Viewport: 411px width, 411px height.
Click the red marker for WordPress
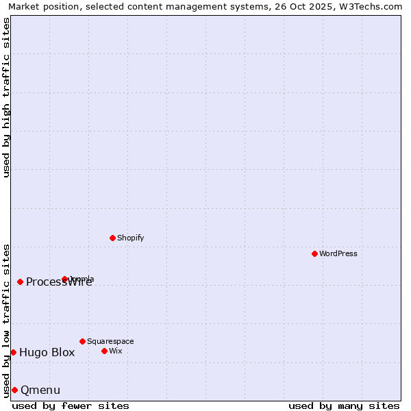tap(314, 253)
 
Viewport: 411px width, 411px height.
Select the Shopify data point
tap(112, 238)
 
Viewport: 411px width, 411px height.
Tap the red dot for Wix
tap(104, 351)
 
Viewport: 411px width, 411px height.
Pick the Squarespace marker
tap(82, 341)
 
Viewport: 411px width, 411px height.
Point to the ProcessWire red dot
tap(20, 282)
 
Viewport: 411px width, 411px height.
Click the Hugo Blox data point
tap(13, 352)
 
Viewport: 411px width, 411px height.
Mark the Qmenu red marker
tap(14, 390)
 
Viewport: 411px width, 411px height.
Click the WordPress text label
tap(338, 253)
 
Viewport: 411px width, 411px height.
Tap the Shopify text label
tap(130, 238)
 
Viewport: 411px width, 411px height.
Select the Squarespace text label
tap(110, 341)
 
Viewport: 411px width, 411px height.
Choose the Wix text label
tap(115, 351)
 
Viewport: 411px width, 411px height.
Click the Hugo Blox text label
tap(47, 353)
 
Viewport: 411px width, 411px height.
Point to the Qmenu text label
tap(40, 390)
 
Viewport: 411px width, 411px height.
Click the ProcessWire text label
tap(59, 282)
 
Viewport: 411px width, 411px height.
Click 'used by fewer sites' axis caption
tap(71, 406)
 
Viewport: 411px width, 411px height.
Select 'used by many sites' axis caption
tap(343, 406)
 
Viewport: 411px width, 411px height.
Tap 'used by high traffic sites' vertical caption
tap(7, 97)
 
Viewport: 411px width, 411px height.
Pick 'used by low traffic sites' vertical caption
tap(7, 320)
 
